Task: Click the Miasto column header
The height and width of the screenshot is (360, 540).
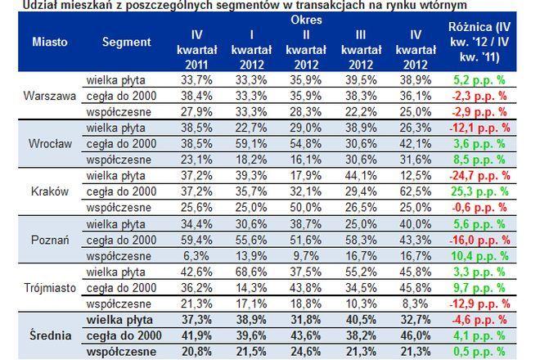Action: pyautogui.click(x=50, y=42)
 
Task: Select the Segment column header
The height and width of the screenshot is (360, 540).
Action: pyautogui.click(x=126, y=42)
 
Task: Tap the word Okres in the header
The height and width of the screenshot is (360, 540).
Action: pyautogui.click(x=306, y=20)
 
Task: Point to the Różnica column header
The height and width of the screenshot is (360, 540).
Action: pyautogui.click(x=479, y=42)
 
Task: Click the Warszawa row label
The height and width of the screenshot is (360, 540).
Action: pyautogui.click(x=50, y=96)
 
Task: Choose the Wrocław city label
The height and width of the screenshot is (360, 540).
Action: pyautogui.click(x=50, y=143)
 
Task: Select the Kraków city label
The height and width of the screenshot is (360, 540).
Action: pyautogui.click(x=50, y=191)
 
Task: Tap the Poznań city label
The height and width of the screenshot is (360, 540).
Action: pyautogui.click(x=50, y=240)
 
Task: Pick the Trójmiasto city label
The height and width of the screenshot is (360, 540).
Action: pyautogui.click(x=50, y=288)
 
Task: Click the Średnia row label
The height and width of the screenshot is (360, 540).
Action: pyautogui.click(x=50, y=335)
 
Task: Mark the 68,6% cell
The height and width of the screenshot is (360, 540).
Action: pyautogui.click(x=251, y=272)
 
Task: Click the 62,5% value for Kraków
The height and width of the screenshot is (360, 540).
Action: pyautogui.click(x=416, y=191)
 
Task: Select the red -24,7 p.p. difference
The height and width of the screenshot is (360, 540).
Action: pyautogui.click(x=479, y=176)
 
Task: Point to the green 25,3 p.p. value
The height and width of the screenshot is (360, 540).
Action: pyautogui.click(x=479, y=191)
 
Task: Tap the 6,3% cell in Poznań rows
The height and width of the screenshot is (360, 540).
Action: pyautogui.click(x=196, y=256)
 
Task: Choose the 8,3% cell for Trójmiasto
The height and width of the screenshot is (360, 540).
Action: pyautogui.click(x=416, y=304)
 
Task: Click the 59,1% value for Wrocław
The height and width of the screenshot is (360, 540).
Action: pyautogui.click(x=251, y=143)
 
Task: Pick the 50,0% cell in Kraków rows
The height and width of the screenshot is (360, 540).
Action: pyautogui.click(x=306, y=207)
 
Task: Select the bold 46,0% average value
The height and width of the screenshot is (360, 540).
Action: pyautogui.click(x=416, y=335)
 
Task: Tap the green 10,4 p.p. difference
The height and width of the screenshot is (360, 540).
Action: pyautogui.click(x=479, y=256)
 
